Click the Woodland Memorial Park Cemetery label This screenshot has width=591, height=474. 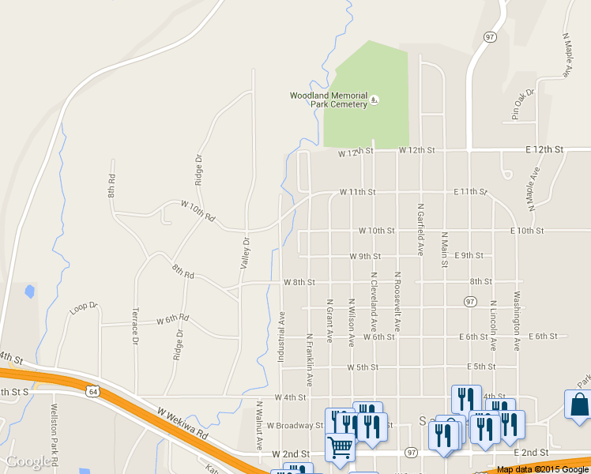click(x=329, y=100)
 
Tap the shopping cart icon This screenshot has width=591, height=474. click(x=340, y=448)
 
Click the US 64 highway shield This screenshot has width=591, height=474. click(x=93, y=390)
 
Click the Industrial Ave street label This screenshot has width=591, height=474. click(x=280, y=337)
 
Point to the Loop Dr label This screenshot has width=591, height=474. click(x=83, y=308)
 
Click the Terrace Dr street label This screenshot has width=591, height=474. click(x=135, y=326)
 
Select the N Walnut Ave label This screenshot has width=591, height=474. click(x=259, y=425)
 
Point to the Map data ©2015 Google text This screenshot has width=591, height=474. click(x=543, y=469)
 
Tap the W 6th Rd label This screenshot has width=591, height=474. click(x=172, y=319)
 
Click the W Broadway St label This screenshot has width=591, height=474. click(x=295, y=425)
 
